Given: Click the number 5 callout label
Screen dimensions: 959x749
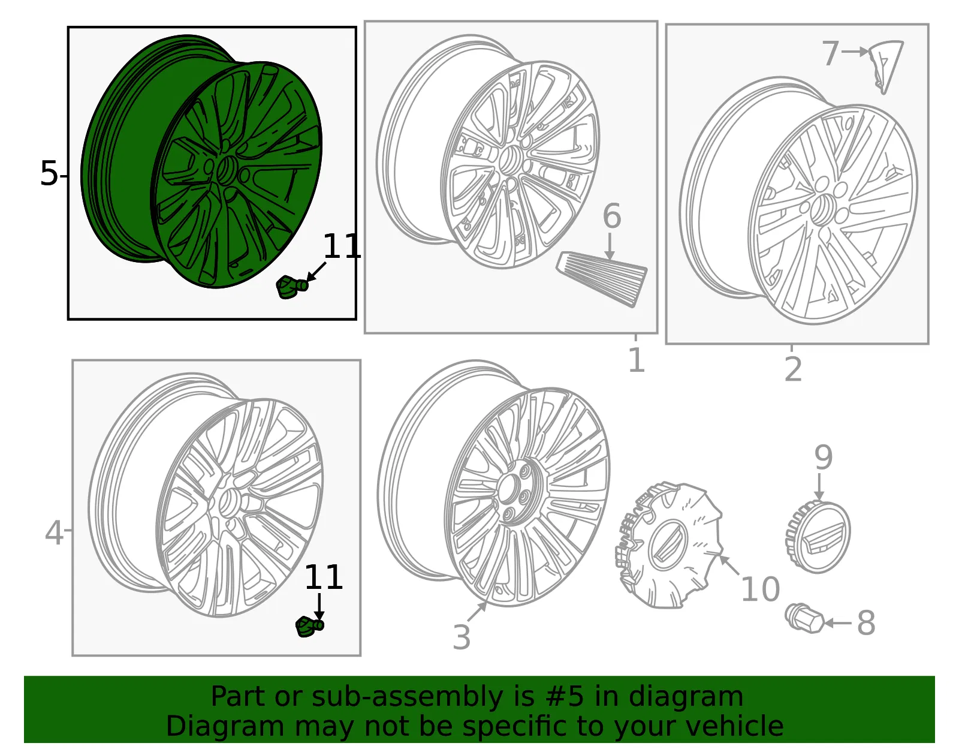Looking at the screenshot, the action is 49,173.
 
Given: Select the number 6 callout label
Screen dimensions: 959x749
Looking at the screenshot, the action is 612,216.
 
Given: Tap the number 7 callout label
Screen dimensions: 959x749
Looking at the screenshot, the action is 830,53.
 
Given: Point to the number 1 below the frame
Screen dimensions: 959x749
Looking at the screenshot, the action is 637,360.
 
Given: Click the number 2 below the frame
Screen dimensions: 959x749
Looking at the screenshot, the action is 793,369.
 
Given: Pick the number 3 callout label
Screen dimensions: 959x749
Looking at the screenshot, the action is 462,637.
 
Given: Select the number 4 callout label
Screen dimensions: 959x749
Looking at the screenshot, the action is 55,533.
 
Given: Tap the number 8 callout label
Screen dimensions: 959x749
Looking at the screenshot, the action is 866,623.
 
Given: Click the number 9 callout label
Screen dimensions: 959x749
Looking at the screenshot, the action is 824,458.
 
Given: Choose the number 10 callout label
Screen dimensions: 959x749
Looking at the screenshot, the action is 761,589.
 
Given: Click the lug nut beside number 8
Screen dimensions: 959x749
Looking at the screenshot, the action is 804,618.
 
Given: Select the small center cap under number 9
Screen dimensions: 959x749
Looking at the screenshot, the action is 818,537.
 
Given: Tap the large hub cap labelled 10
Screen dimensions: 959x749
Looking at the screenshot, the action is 669,546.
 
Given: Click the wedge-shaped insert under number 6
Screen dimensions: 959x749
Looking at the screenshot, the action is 602,279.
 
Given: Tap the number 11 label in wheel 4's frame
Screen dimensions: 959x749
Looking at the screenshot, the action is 324,577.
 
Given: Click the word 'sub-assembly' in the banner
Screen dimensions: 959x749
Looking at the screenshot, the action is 406,696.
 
